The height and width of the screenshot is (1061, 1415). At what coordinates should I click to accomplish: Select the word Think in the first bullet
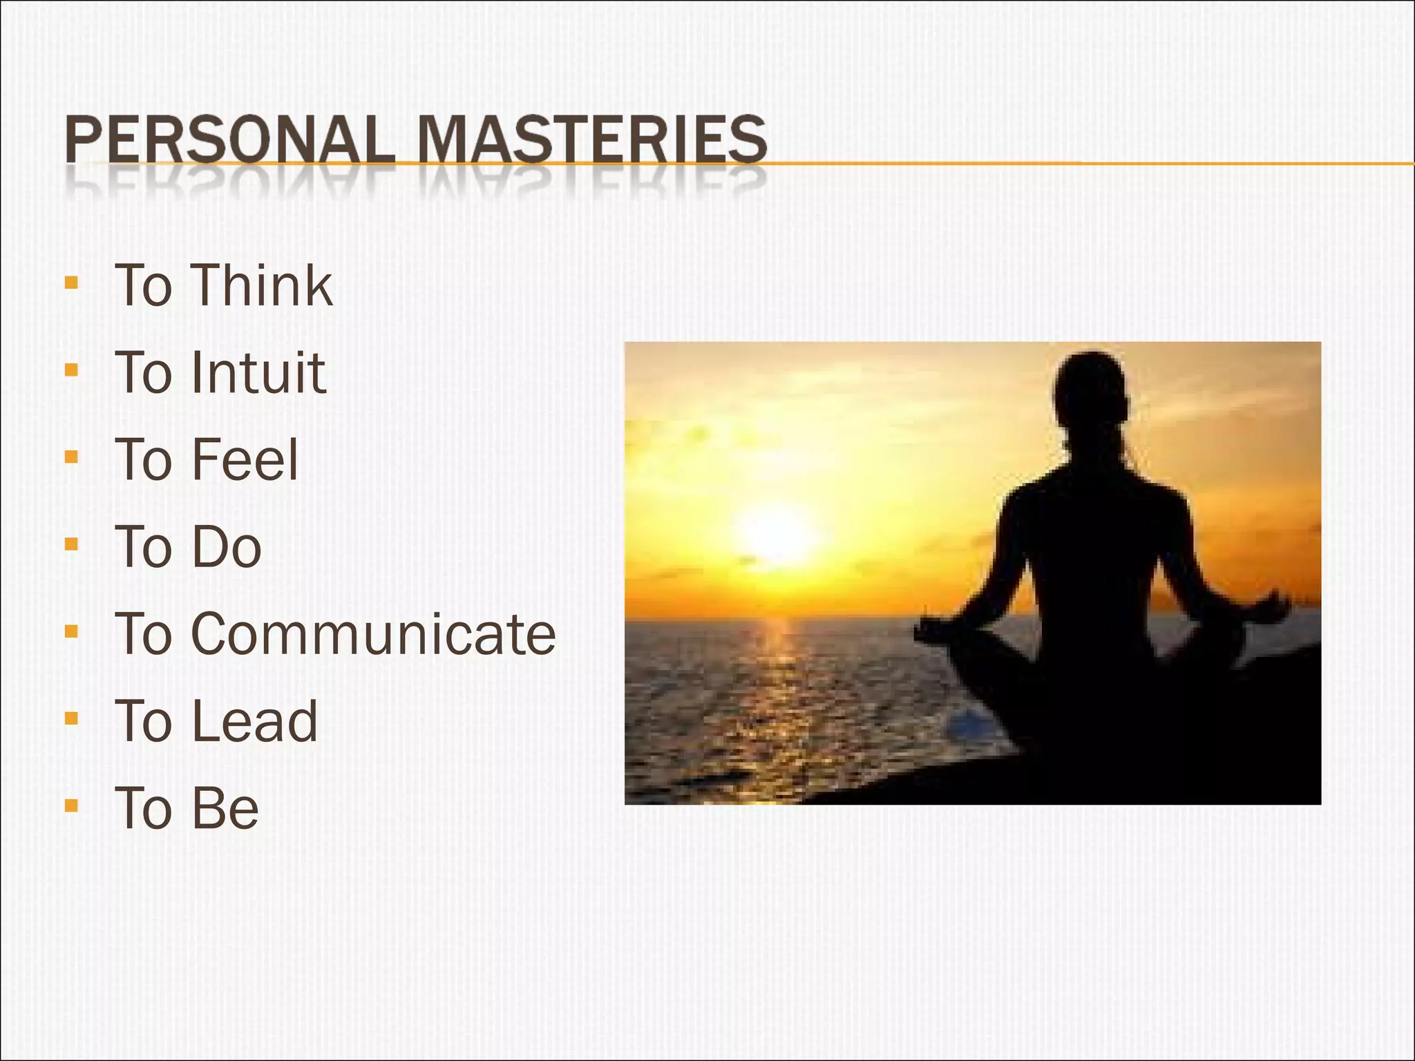262,285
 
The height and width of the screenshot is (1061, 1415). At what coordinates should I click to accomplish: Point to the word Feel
245,460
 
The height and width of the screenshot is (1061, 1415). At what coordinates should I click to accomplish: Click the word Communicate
373,634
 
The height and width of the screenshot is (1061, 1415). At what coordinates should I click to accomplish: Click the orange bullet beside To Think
71,283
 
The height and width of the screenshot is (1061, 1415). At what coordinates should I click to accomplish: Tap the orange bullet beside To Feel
71,457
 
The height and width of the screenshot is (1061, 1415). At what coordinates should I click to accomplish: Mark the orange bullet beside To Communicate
71,631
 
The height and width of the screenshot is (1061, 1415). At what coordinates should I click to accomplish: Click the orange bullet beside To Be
71,805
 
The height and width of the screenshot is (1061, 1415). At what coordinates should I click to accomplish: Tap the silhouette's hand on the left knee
933,629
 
